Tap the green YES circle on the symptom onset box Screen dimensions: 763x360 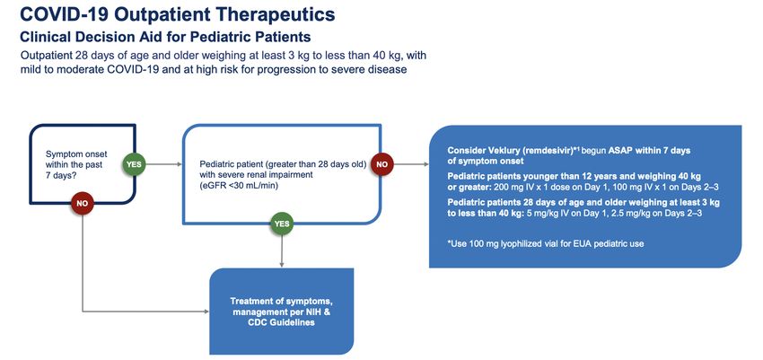click(134, 164)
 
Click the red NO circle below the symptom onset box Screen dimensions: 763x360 click(83, 204)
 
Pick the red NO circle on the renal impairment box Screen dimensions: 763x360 click(382, 164)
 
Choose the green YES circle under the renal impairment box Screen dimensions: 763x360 click(282, 224)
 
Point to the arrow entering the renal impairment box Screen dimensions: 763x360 click(163, 164)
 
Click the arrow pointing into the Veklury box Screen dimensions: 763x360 click(411, 164)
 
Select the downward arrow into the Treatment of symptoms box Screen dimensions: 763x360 click(282, 251)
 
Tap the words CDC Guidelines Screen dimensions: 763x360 click(278, 322)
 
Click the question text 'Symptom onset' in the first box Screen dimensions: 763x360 click(76, 154)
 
